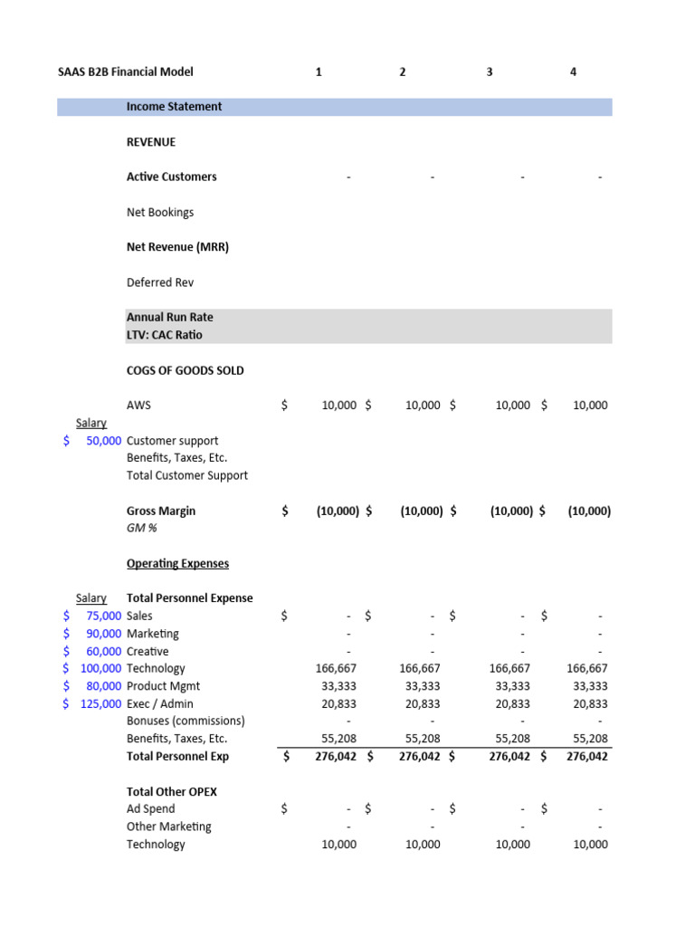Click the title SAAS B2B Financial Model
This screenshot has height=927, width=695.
pos(119,72)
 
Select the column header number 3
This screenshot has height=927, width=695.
pos(490,72)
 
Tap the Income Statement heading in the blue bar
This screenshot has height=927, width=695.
pos(174,107)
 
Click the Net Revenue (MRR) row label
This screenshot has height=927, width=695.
pos(177,247)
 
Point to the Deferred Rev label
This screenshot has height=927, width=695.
pos(160,282)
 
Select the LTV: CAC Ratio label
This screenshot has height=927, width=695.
pos(165,335)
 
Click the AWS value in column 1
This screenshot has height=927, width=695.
pos(338,406)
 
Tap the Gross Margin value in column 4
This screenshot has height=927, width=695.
pos(589,511)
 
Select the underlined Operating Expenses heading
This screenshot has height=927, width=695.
pos(177,563)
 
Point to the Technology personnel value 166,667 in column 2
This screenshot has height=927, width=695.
pos(420,668)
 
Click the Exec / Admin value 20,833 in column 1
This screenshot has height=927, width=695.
pos(338,703)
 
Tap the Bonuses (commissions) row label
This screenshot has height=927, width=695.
pos(186,721)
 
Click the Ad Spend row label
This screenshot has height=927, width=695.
pos(151,808)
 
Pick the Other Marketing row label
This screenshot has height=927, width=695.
pos(169,827)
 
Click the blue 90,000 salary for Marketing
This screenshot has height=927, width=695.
pos(98,634)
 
